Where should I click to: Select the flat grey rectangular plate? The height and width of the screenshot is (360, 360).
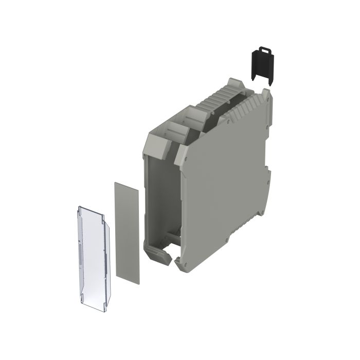pos(127,232)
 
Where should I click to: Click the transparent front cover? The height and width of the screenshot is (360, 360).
pos(93,253)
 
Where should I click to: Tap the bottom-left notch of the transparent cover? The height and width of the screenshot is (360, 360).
pos(82,297)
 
